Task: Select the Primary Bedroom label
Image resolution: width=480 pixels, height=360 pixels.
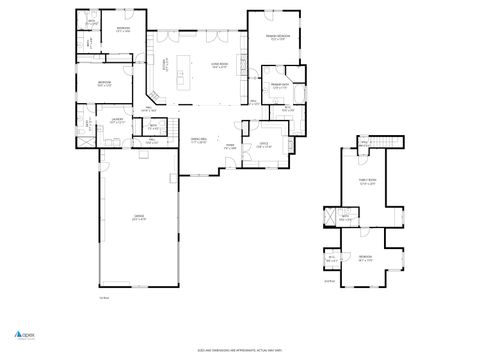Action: coord(276,38)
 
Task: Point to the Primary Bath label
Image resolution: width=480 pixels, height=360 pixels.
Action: coord(279,87)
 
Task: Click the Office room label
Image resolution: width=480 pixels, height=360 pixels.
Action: coord(264,145)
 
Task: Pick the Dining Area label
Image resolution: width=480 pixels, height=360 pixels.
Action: coord(198,140)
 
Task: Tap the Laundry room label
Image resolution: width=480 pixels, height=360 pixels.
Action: coord(117,121)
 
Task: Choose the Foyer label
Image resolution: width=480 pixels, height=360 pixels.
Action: coord(229,147)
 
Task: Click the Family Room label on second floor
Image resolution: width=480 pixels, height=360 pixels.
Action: coord(368,182)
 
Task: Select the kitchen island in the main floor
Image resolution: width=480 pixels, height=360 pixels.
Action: coord(183,73)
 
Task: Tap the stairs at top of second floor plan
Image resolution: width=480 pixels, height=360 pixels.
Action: coord(389,144)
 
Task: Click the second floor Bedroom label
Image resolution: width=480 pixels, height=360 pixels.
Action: coord(366,257)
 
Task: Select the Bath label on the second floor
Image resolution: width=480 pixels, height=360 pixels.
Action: coord(345,217)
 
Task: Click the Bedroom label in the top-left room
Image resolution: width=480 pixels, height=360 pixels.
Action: coord(122,29)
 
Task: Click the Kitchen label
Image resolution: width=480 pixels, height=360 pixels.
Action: coord(166,66)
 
